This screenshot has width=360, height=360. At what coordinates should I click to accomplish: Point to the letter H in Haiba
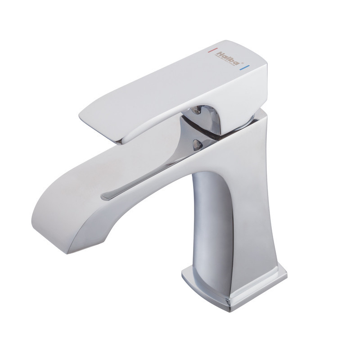click(220, 53)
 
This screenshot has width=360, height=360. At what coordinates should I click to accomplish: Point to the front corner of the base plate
click(234, 310)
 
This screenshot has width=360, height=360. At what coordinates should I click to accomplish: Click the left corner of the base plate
click(183, 272)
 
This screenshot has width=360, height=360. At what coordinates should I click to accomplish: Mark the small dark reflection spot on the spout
click(196, 144)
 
